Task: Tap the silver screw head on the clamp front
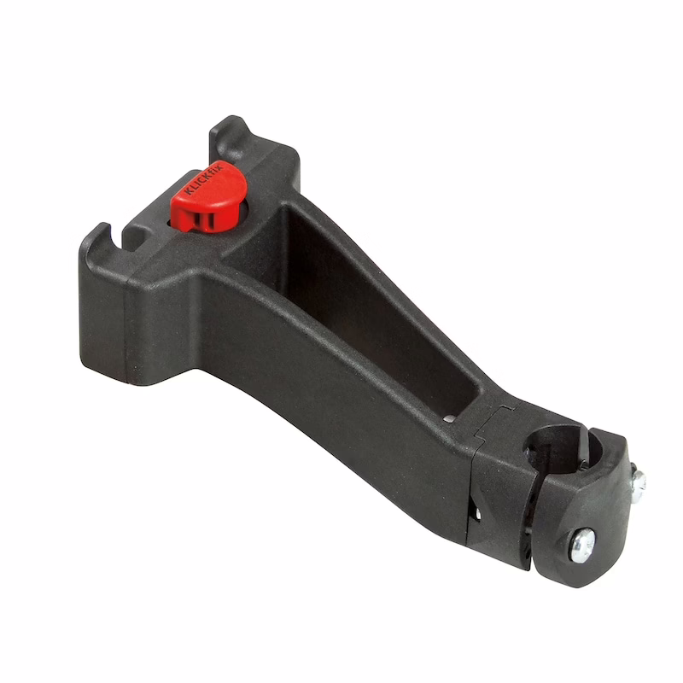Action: [x=582, y=545]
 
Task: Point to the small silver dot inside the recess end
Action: [x=449, y=419]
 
